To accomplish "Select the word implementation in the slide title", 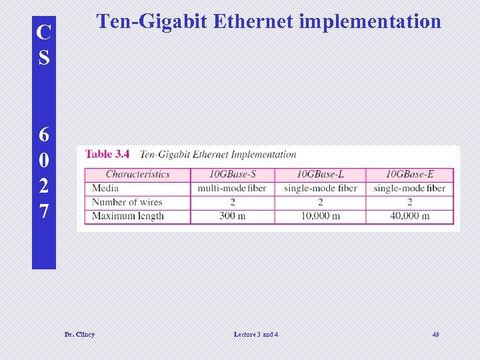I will (x=370, y=22).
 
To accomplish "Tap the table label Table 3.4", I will (x=107, y=154).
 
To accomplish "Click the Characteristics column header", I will (x=137, y=174).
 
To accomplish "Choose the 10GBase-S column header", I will (x=232, y=174).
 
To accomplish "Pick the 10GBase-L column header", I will (x=320, y=174).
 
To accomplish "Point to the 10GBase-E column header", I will (x=409, y=174).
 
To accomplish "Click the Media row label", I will (x=105, y=188).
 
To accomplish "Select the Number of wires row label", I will (x=127, y=202).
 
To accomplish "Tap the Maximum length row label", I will (x=127, y=216).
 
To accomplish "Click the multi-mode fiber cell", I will (x=232, y=188).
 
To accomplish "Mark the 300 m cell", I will (x=232, y=216).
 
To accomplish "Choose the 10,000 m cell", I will (x=320, y=216).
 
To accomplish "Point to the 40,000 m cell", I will (x=409, y=216).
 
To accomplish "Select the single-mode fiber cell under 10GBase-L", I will (x=320, y=188).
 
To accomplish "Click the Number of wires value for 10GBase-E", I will (x=409, y=202).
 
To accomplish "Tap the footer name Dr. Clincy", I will (x=79, y=334).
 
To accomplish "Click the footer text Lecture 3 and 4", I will (x=256, y=334).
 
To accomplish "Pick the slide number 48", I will (x=436, y=334).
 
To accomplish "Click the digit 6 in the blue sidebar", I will (x=44, y=135).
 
